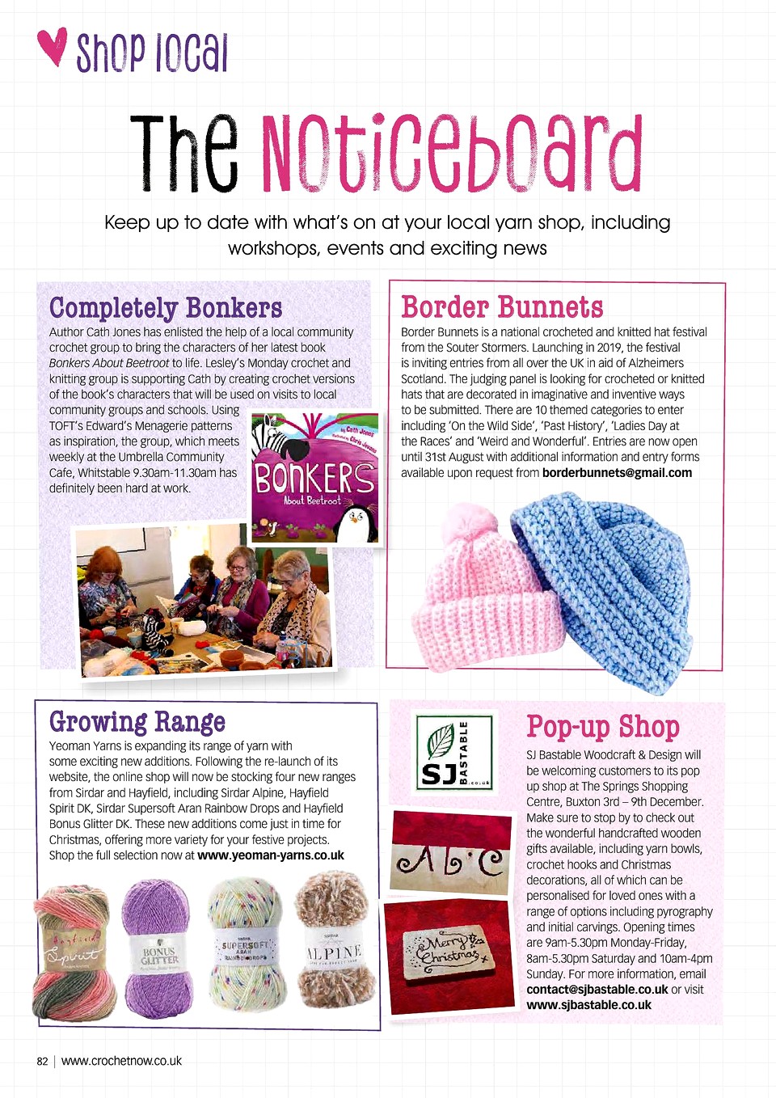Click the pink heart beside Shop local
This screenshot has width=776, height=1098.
53,47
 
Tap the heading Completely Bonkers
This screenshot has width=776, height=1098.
166,308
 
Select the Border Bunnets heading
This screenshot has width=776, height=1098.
502,307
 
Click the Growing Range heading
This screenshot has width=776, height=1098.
137,721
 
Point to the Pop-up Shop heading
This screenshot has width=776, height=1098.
602,726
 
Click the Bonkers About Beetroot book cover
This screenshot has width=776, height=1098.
314,478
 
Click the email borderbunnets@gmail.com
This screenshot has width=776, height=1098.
617,473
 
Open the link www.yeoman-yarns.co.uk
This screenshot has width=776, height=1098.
271,855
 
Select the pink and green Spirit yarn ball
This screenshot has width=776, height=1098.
75,952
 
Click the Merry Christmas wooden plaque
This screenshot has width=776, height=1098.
449,953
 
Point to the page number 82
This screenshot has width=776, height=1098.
42,1061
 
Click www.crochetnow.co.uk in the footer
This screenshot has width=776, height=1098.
121,1061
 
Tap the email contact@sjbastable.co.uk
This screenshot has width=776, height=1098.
597,990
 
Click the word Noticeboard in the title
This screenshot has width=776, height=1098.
451,154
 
